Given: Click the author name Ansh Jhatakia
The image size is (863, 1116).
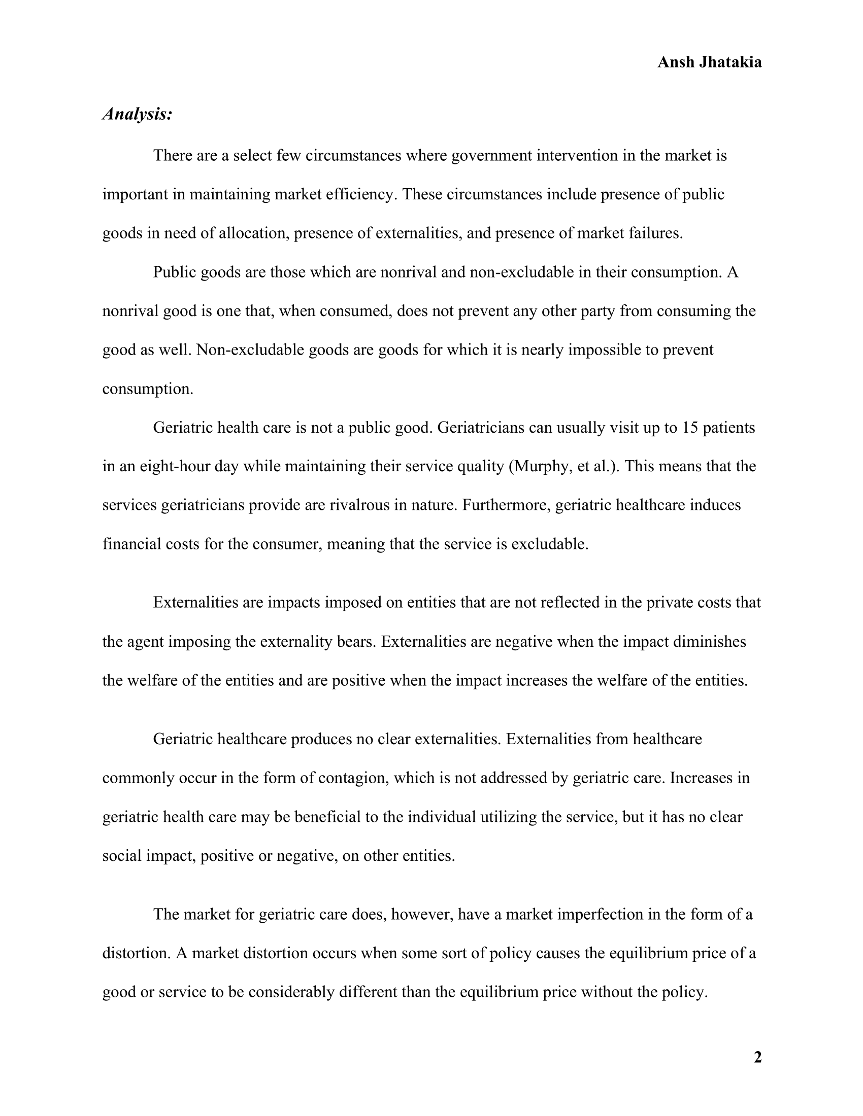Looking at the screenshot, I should [709, 62].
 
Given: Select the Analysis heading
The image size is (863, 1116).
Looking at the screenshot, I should [137, 114].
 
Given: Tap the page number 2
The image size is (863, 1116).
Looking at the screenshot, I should [757, 1057].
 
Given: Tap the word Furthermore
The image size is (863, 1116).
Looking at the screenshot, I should [506, 505].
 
